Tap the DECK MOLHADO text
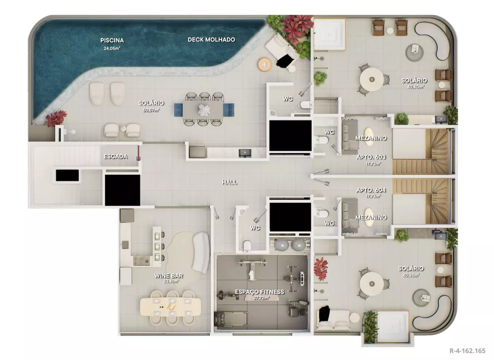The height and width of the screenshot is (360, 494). tap(211, 40)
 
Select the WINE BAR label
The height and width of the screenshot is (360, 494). tap(165, 275)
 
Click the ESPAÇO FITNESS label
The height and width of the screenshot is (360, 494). tap(259, 292)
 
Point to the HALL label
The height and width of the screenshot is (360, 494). tap(230, 182)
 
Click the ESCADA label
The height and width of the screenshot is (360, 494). tap(115, 157)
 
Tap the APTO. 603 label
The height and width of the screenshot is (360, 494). tap(371, 157)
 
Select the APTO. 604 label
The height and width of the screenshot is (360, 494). tap(371, 190)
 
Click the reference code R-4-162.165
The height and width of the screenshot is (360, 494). tap(467, 351)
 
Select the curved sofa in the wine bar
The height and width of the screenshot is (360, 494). tap(201, 252)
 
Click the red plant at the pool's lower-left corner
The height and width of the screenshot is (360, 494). tap(56, 119)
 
